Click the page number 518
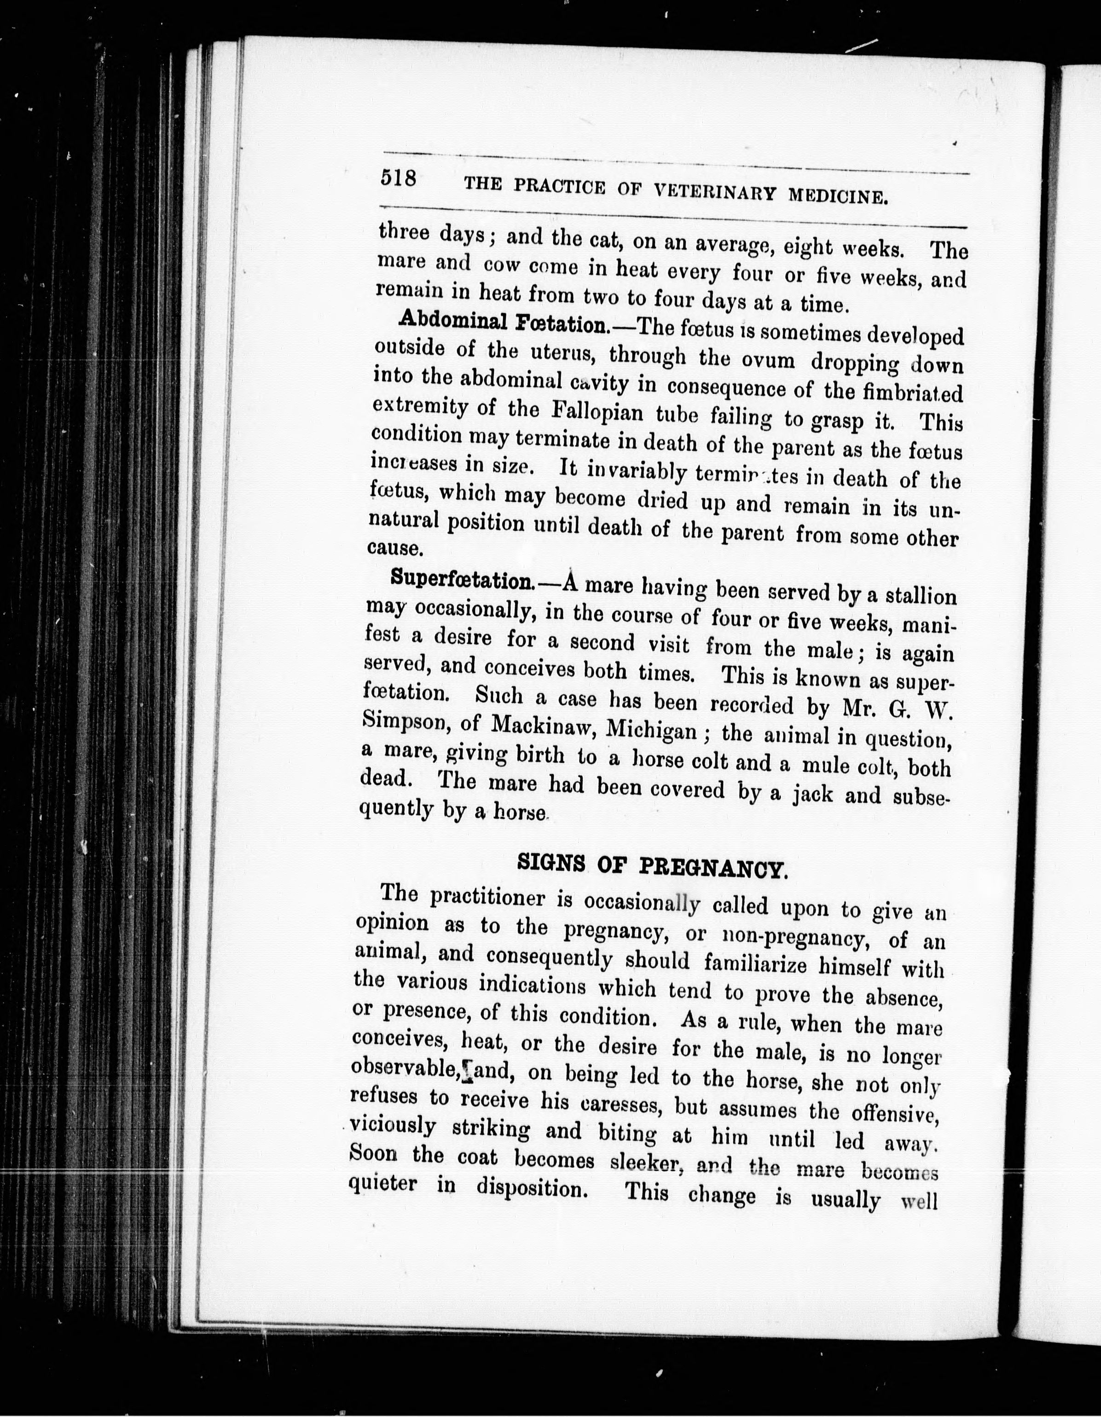click(398, 178)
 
